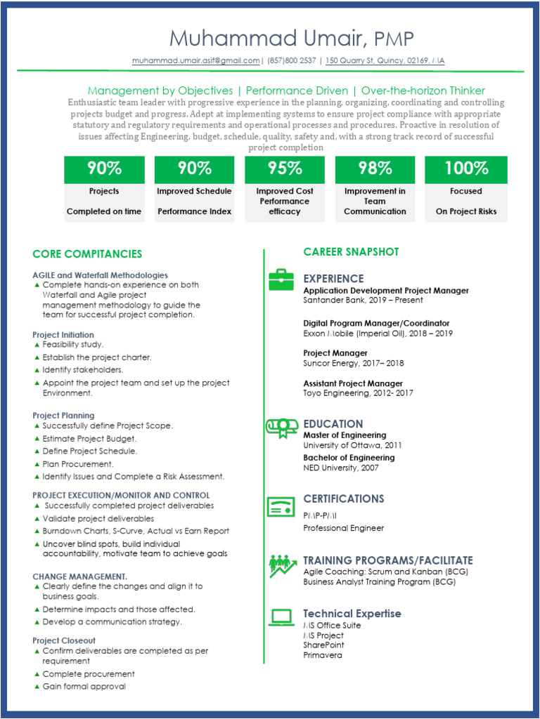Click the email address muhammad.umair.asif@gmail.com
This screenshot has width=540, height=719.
point(196,61)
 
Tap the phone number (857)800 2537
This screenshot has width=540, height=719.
point(290,61)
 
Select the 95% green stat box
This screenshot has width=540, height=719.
point(285,169)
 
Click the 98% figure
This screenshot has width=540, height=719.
point(375,169)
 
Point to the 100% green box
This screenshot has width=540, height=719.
point(465,169)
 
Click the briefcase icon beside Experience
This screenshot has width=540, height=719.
point(281,279)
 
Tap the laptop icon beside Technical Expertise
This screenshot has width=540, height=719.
point(281,617)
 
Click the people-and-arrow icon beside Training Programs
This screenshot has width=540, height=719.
point(281,566)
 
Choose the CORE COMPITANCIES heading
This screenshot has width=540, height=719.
point(87,254)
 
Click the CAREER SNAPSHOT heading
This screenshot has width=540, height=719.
point(351,251)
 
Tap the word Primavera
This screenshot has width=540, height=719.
point(323,655)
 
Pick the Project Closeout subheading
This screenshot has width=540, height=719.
point(64,640)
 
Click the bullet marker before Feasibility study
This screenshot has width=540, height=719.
point(37,345)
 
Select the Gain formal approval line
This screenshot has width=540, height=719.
point(84,686)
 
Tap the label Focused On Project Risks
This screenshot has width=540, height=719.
point(465,201)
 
